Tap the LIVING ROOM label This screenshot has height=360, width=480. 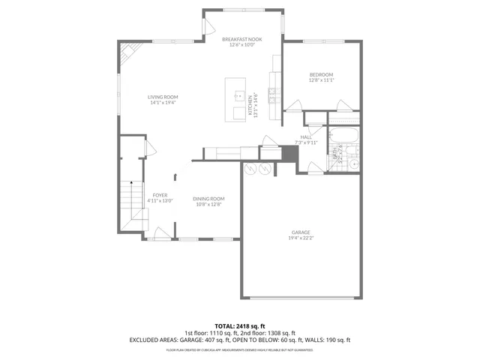[x=163, y=97]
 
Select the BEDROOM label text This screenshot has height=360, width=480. [x=321, y=74]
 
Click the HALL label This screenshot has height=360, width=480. [x=306, y=137]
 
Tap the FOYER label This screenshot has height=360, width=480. [x=160, y=195]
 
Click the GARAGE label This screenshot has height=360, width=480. [x=301, y=232]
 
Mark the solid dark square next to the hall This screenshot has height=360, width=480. [x=290, y=153]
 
